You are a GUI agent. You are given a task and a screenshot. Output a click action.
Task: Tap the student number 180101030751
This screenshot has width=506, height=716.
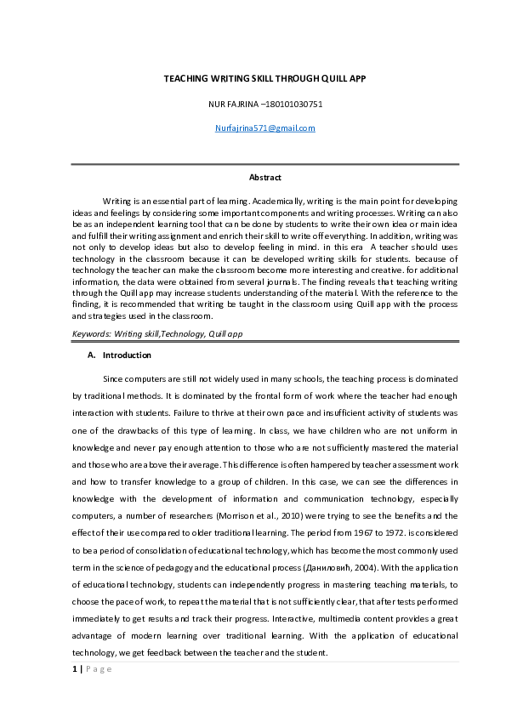point(294,104)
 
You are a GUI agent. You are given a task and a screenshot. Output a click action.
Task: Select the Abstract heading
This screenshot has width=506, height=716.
point(264,178)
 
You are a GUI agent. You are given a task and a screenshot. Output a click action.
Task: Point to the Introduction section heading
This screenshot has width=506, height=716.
point(127,355)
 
